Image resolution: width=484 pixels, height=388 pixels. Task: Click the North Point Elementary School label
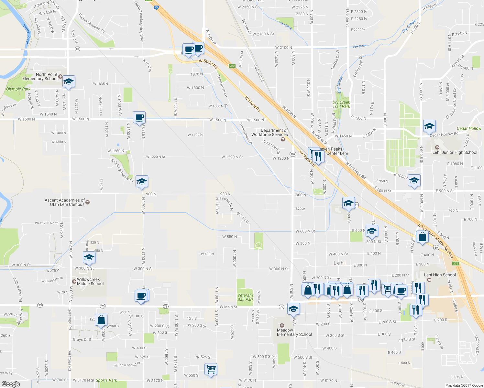coord(40,77)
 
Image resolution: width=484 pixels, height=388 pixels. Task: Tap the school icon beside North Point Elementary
coord(69,82)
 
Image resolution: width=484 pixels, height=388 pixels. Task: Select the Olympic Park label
coord(18,89)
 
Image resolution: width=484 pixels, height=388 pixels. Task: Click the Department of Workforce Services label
coord(269,133)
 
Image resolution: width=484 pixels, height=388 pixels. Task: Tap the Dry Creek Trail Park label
coord(341,104)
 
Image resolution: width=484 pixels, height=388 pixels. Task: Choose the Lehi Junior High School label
coord(455,152)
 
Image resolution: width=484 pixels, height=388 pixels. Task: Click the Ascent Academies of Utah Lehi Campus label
coord(65,202)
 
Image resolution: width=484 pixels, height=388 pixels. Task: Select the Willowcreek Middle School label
coord(90,282)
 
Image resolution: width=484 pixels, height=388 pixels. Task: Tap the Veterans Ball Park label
coord(245,297)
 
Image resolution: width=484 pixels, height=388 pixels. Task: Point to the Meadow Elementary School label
coord(294,332)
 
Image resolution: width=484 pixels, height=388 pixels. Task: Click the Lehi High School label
coord(440,275)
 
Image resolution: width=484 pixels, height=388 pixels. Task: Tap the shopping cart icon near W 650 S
coord(211,369)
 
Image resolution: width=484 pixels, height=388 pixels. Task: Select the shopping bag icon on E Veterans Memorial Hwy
coord(422,237)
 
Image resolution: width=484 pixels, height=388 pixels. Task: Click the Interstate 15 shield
coord(156,7)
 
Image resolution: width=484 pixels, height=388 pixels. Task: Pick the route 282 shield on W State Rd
coord(232,66)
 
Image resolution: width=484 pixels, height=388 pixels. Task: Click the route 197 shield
coord(293,154)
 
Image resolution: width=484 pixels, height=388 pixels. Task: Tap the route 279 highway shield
coord(456,263)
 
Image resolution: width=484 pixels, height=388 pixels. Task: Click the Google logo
coord(11,384)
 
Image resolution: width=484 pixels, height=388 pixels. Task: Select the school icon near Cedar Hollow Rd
coord(429,126)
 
